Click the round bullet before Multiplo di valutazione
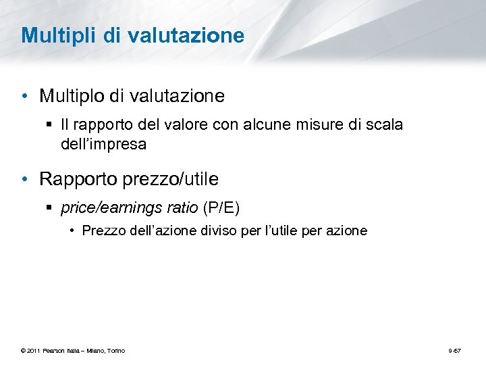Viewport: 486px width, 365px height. (25, 96)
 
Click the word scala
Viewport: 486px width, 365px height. (385, 125)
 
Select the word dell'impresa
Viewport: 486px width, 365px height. (103, 144)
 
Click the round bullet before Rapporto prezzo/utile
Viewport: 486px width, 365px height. (25, 179)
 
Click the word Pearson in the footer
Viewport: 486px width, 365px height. (55, 350)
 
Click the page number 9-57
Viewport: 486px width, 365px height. (455, 350)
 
